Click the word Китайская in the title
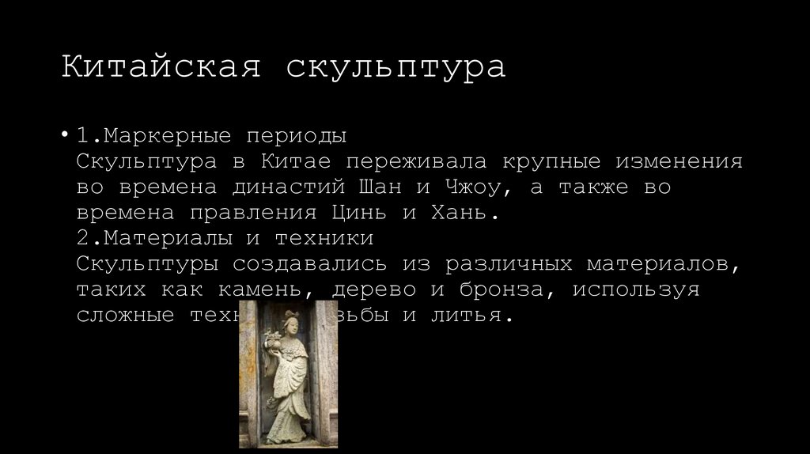coord(161,66)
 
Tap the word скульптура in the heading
coord(396,68)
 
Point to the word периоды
coord(296,136)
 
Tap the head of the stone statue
coord(286,320)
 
